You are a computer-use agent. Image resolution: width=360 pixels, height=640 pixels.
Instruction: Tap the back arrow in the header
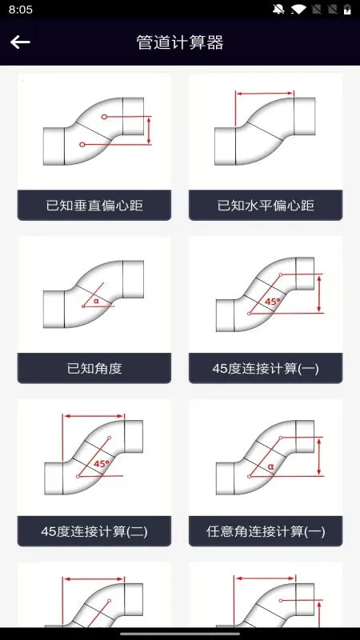[20, 42]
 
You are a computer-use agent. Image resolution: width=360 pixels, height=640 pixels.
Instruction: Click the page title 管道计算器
[180, 42]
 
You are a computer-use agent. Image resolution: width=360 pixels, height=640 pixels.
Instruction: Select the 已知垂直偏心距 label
[94, 205]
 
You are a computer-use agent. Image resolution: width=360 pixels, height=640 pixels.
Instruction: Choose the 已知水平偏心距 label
[266, 205]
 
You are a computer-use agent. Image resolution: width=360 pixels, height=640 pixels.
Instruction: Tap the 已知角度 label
[94, 368]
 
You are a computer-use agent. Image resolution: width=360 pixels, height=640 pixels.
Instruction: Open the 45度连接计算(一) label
[266, 368]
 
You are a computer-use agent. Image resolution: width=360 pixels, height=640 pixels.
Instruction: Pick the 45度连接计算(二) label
[94, 531]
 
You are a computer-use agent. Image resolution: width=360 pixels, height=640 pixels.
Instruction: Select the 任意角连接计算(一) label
[266, 531]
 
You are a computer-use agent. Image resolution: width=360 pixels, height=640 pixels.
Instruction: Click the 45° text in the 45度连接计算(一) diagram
[273, 302]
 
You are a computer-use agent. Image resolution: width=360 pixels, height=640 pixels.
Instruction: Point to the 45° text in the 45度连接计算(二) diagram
[102, 464]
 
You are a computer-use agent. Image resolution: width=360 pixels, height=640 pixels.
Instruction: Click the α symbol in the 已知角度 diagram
[96, 302]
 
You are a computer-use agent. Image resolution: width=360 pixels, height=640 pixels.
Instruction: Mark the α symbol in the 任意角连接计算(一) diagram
[271, 466]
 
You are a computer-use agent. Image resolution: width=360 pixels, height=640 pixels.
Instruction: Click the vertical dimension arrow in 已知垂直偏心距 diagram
[149, 130]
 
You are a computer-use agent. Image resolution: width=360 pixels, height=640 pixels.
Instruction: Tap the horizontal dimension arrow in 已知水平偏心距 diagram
[265, 94]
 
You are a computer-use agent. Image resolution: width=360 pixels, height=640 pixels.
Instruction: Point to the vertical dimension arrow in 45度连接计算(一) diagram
[319, 293]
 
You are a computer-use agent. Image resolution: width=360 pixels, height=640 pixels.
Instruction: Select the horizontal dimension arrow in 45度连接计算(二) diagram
[94, 416]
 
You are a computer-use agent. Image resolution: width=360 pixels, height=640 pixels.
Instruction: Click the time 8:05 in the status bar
[21, 10]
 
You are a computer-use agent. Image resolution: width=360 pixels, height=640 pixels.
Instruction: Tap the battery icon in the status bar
[347, 10]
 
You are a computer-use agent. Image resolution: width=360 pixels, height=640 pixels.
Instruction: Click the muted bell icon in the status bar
[278, 10]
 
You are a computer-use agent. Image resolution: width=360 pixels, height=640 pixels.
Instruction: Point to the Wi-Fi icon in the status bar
[298, 10]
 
